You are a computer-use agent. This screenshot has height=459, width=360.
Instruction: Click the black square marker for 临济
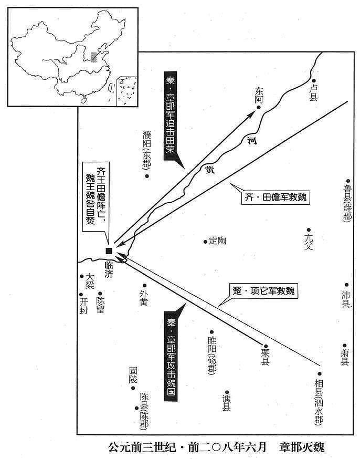(x=109, y=251)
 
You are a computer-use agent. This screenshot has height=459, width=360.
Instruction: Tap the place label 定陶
(x=218, y=241)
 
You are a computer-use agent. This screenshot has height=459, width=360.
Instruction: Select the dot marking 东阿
(x=259, y=108)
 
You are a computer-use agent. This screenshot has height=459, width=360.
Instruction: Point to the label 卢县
(x=313, y=92)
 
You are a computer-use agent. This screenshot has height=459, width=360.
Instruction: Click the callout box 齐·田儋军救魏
(x=276, y=197)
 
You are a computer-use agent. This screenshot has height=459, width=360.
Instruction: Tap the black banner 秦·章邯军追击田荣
(x=170, y=116)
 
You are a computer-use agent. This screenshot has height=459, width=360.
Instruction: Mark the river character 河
(x=252, y=140)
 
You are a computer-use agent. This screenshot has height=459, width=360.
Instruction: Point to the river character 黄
(x=210, y=169)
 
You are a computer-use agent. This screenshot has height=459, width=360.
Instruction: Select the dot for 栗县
(x=266, y=346)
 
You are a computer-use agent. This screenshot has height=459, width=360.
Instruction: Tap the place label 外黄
(x=143, y=298)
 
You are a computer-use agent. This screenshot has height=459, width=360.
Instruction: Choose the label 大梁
(x=90, y=281)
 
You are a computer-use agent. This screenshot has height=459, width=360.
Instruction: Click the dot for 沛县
(x=346, y=285)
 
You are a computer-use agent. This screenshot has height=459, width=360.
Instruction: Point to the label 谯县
(x=226, y=403)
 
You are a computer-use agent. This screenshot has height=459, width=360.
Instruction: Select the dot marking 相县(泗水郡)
(x=320, y=374)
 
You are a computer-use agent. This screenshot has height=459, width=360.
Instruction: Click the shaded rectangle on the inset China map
(x=93, y=57)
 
